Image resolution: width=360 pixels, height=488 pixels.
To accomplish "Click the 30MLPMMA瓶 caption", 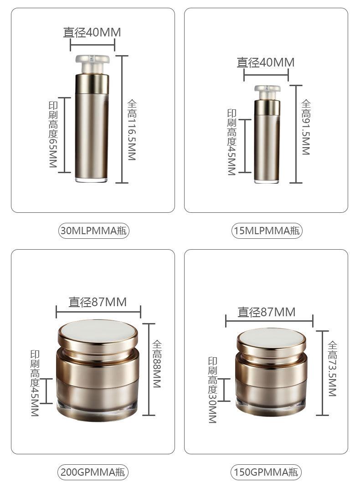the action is click(93, 231).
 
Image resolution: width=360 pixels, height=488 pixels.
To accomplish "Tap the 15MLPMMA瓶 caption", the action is click(267, 231).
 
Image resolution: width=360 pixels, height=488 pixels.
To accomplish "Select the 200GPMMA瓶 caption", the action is click(93, 472).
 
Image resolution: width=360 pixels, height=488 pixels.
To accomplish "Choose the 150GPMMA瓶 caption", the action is click(266, 472).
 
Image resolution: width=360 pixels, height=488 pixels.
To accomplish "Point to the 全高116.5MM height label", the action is click(132, 130).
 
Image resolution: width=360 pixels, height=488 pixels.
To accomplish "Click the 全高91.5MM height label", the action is click(306, 127).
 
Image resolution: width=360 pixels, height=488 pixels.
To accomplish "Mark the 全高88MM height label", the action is click(157, 364).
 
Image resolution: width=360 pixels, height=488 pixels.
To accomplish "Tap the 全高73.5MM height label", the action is click(332, 369).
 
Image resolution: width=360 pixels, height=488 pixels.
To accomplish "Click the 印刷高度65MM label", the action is click(53, 134).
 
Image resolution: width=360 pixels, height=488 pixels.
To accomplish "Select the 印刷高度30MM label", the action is click(212, 390).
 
